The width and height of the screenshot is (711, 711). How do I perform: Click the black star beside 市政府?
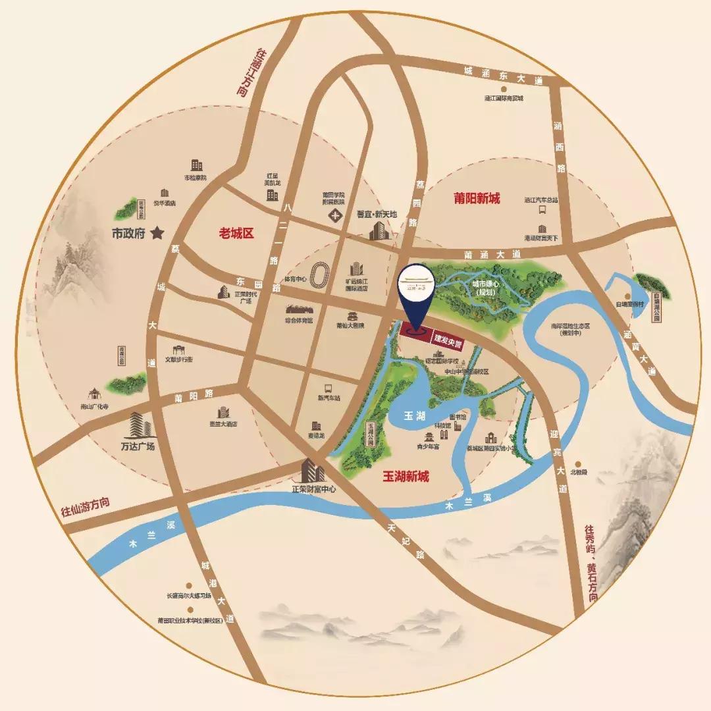coord(157,232)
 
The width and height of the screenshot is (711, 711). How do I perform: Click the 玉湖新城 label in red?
coord(406,476)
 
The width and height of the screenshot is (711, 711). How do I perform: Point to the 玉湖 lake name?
coord(414,416)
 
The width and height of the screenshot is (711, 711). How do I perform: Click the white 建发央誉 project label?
coord(447,338)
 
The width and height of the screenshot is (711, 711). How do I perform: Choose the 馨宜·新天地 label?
coord(377,215)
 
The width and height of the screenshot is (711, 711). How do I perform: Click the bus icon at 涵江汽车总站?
coord(542,211)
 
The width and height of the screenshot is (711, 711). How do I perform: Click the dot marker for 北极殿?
coord(577,463)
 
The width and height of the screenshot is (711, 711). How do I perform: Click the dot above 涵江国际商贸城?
coord(503,89)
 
